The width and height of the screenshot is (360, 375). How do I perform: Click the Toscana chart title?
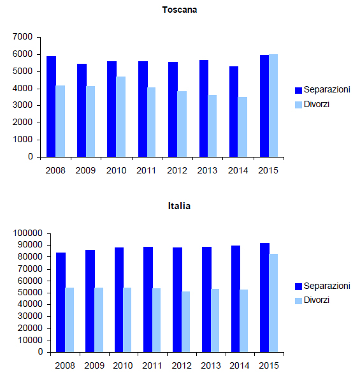(180, 10)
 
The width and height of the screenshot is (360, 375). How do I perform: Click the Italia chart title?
(180, 206)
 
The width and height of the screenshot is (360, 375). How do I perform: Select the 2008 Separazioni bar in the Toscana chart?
(51, 107)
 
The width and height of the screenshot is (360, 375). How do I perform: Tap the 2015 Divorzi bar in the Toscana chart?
(273, 106)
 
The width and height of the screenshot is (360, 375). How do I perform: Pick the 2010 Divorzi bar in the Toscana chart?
(121, 117)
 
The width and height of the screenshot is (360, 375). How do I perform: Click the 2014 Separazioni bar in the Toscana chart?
(234, 112)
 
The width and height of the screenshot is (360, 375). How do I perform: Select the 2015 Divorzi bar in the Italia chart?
(273, 303)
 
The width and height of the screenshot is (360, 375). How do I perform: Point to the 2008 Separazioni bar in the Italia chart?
(61, 302)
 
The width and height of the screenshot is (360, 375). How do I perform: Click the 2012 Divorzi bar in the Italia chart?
(185, 321)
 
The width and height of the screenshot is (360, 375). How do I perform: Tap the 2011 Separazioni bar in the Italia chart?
(148, 300)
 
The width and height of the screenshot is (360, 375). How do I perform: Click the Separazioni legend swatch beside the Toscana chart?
(298, 91)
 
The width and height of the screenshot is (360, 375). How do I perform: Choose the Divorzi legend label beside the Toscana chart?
(317, 105)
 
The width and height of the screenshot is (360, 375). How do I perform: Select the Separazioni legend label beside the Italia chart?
(327, 286)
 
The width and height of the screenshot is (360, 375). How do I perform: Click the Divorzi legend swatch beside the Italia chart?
(298, 301)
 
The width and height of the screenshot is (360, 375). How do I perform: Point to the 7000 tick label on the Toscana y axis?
(22, 37)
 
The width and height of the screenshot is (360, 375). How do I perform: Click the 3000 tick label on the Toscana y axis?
(22, 105)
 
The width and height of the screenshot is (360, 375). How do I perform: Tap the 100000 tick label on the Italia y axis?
(27, 233)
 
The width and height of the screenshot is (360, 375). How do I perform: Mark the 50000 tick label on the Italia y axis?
(30, 293)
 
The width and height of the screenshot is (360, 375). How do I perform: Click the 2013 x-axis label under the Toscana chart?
(207, 170)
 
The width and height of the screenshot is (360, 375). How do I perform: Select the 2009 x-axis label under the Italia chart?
(94, 365)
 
